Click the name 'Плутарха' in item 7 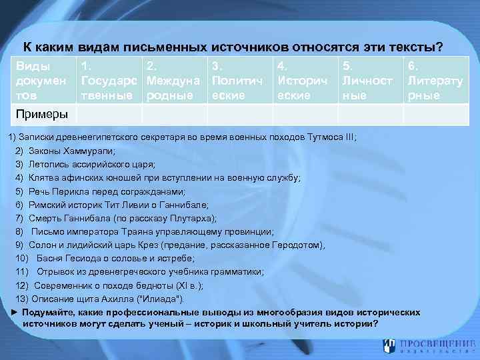click(194, 218)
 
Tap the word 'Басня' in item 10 click(49, 258)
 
